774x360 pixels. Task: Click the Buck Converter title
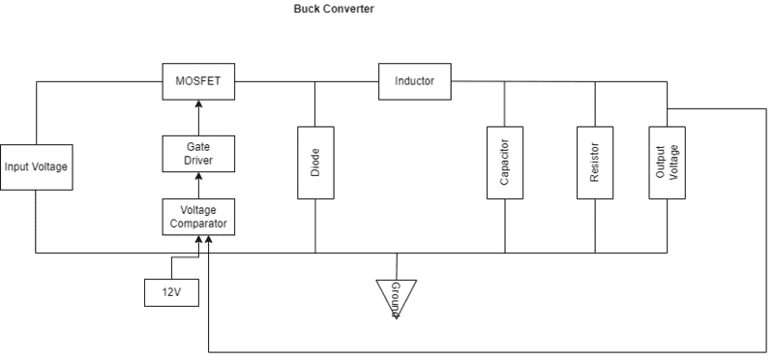tap(334, 9)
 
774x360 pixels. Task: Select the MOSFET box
tap(198, 81)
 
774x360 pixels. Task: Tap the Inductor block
tap(415, 81)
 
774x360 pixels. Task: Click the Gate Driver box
tap(198, 154)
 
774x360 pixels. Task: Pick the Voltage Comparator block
tap(198, 217)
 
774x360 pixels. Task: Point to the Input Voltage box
tap(37, 166)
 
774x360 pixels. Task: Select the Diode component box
tap(315, 163)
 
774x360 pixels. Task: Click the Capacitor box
tap(505, 163)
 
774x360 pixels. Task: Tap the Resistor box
tap(595, 163)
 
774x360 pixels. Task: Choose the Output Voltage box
tap(667, 163)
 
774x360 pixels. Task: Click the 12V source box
tap(171, 292)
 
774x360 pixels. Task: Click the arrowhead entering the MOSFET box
tap(198, 104)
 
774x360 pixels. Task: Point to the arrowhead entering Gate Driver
tap(198, 176)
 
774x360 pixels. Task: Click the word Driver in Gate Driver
tap(198, 161)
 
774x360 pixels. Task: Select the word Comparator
tap(198, 224)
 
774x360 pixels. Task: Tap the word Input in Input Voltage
tap(15, 166)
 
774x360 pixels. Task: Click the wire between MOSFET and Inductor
tap(307, 81)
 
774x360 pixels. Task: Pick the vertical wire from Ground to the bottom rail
tap(397, 267)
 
